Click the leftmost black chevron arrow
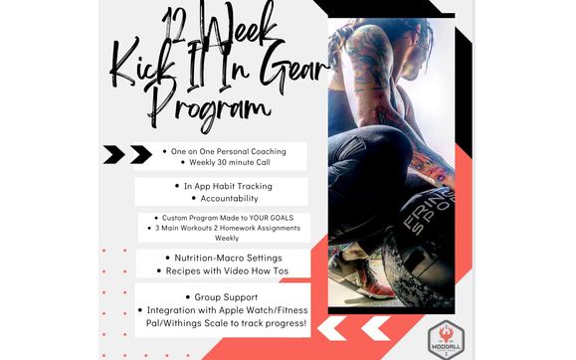click(x=114, y=153)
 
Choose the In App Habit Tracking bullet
click(x=225, y=185)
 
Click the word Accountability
click(x=222, y=198)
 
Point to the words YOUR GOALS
click(x=279, y=218)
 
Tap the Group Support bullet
click(x=221, y=296)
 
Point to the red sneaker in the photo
click(x=378, y=282)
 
